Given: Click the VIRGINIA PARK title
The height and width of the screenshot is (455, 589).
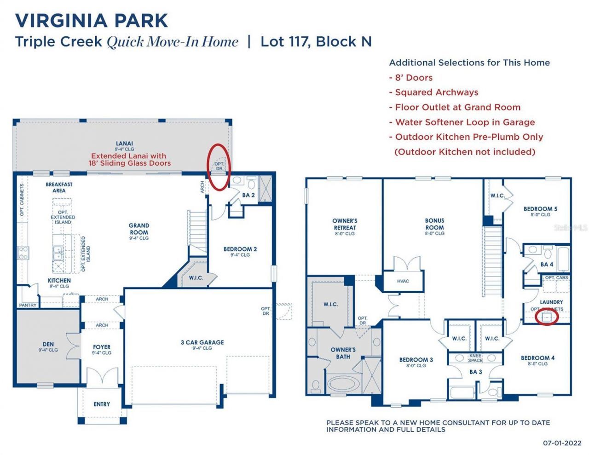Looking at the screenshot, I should tap(92, 21).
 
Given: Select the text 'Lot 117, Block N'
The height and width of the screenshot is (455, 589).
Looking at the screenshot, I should tap(316, 42).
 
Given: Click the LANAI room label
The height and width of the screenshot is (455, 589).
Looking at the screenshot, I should tap(124, 144).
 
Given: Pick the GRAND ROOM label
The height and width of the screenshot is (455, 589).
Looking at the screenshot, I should tap(139, 229).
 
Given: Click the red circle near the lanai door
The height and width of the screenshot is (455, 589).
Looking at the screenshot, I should tap(219, 167).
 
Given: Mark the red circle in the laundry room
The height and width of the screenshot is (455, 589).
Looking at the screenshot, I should tap(547, 317).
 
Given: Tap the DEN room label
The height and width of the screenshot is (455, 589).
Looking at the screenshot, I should tap(48, 344).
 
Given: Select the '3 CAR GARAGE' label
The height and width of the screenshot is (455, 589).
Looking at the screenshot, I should tap(202, 342).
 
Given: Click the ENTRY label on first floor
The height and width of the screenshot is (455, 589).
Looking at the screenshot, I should tap(102, 404).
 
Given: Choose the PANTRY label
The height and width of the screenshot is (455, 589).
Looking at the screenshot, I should tap(28, 305).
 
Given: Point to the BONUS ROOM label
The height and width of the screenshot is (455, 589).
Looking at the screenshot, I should tap(434, 224).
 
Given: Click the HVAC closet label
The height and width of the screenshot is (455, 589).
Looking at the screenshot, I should tap(403, 281).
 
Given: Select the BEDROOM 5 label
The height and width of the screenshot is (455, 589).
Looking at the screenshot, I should tap(540, 209).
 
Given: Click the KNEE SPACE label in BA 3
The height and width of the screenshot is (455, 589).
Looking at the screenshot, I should tap(475, 358).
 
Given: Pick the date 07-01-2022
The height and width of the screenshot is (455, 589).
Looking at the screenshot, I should tap(562, 443).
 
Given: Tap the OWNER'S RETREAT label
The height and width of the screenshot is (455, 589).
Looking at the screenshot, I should tap(345, 224).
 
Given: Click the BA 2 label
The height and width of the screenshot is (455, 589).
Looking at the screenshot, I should tap(248, 195).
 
